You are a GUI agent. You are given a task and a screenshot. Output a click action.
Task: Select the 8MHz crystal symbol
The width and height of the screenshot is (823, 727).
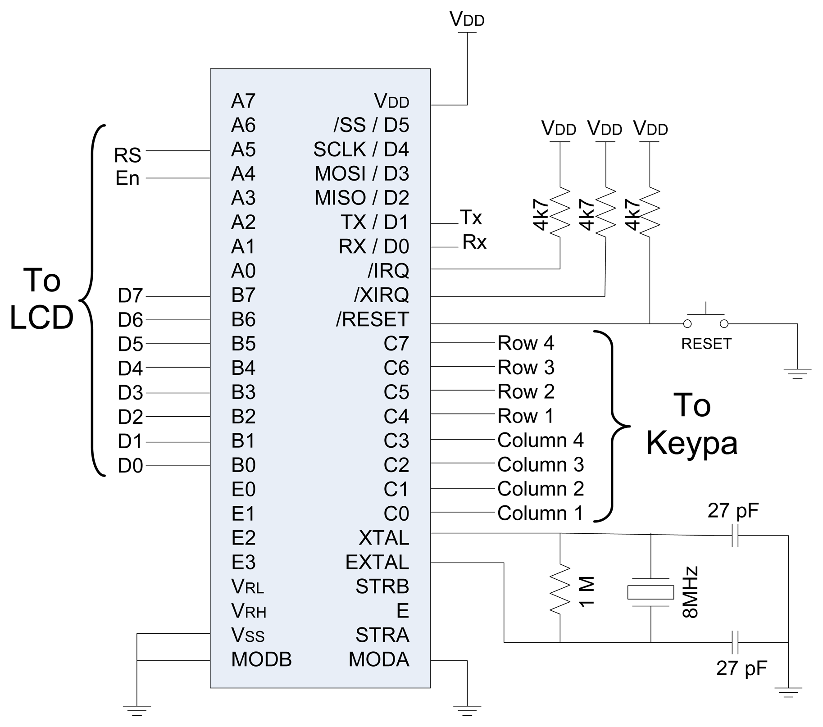650,592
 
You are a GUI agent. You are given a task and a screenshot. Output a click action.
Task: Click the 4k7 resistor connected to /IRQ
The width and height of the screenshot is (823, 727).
560,210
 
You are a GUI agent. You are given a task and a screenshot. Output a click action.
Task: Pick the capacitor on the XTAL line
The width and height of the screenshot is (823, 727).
735,535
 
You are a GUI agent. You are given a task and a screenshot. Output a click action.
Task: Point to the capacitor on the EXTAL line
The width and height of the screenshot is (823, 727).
735,642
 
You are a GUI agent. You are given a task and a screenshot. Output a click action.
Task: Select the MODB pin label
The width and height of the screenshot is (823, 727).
261,659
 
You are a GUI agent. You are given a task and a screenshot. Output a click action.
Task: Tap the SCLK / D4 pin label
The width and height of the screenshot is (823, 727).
361,150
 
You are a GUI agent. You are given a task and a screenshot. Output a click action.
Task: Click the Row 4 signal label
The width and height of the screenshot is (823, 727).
525,343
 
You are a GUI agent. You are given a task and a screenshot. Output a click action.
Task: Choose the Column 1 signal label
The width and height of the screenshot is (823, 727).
540,513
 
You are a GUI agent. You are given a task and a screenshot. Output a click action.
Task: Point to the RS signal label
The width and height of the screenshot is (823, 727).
127,155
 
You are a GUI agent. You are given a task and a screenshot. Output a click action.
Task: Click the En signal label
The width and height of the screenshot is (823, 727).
127,178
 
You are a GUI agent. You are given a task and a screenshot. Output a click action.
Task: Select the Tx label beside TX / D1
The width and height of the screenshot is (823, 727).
471,218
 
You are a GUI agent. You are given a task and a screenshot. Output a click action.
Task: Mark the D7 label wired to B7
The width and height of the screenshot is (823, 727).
130,296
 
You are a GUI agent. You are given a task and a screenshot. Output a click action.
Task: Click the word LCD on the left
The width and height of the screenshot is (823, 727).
41,318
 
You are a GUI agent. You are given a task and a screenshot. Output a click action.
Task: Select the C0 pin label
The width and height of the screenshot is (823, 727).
396,513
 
